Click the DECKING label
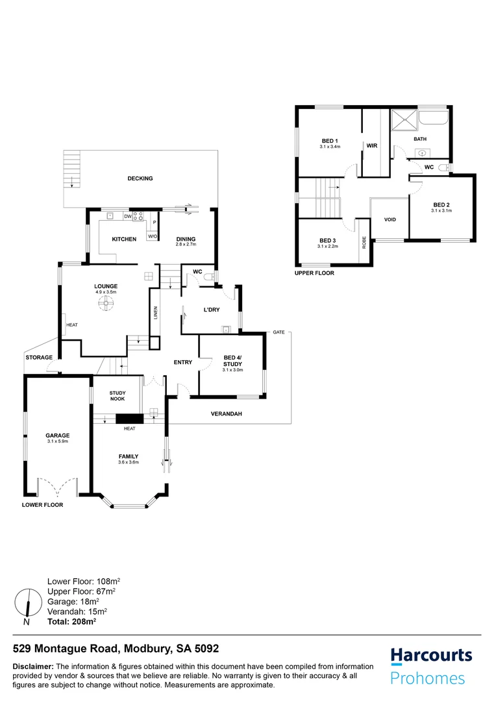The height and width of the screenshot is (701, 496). point(140,178)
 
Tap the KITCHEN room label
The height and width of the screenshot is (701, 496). point(124,240)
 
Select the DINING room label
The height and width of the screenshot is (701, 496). point(186,240)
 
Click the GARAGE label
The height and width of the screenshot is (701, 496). point(57,436)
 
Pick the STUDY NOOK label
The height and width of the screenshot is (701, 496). point(118,396)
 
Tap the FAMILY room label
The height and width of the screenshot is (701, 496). point(129,456)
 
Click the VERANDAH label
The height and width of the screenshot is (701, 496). point(226,413)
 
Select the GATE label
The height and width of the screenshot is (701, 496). point(279,332)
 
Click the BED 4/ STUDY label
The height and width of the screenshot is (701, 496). point(232,360)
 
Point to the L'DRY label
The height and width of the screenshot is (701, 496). point(212,310)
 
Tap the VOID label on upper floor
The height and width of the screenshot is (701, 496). point(390,219)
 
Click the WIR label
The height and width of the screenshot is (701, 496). point(372,146)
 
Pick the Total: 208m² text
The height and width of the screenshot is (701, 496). point(71,621)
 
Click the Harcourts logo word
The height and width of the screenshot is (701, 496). point(431,656)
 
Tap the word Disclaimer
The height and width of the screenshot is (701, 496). point(33,667)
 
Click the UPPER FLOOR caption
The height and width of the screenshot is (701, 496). point(314,273)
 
